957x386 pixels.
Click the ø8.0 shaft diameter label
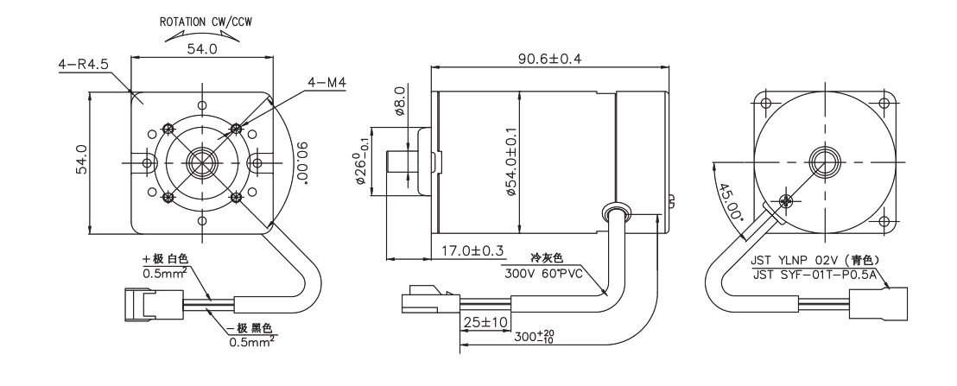(399, 99)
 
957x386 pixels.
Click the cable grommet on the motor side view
(613, 212)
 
